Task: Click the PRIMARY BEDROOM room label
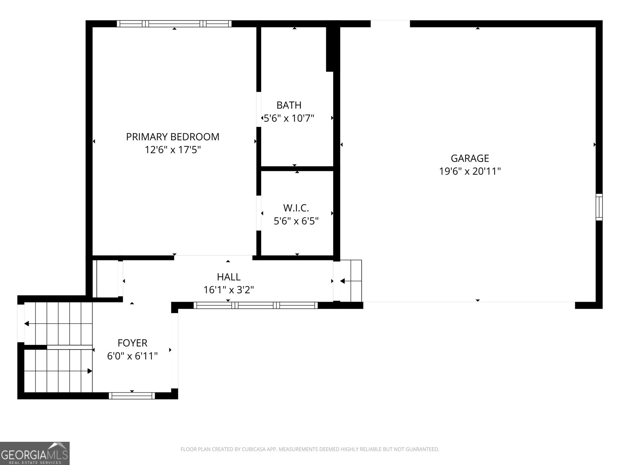pos(172,137)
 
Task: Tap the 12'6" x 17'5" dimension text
pos(172,150)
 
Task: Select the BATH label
pos(289,105)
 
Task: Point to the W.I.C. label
pos(296,208)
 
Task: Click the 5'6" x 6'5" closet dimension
pos(296,221)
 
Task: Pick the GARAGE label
pos(470,158)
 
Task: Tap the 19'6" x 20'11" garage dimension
pos(470,171)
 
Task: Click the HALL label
pos(229,277)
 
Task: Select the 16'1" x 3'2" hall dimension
pos(229,289)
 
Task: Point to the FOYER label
pos(133,343)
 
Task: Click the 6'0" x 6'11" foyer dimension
pos(133,356)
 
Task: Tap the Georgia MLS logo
pos(34,453)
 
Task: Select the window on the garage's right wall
pos(599,207)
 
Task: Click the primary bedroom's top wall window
pos(174,24)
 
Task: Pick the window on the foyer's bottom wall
pos(132,396)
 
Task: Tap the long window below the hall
pos(256,305)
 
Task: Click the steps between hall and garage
pos(351,281)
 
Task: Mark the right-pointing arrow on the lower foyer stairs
pos(90,371)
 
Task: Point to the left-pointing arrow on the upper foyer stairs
pos(27,324)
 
